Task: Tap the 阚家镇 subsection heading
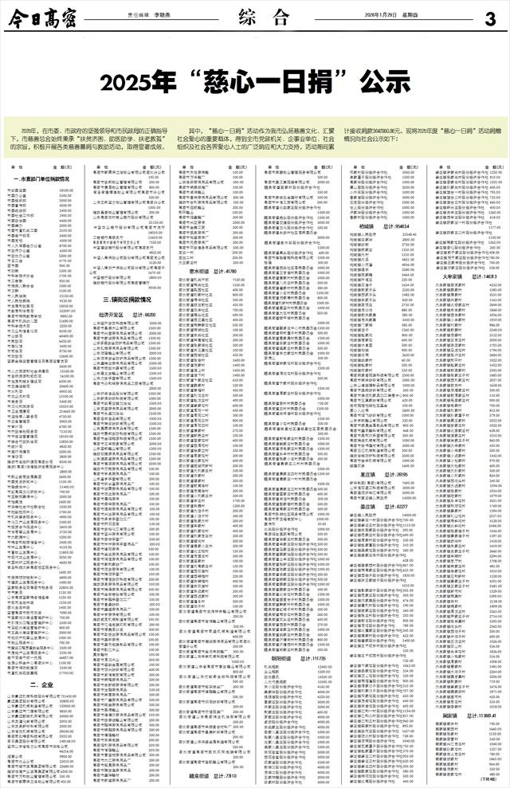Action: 447,715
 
